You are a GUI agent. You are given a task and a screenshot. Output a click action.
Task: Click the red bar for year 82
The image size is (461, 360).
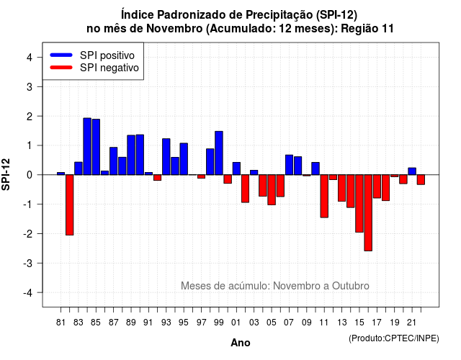tap(70, 204)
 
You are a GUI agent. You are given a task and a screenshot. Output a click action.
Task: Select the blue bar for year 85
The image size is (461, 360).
tap(96, 147)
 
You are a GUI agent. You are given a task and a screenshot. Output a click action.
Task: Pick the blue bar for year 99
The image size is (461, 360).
tap(219, 153)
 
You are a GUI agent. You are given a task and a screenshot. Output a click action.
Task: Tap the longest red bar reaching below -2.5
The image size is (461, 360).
tap(368, 213)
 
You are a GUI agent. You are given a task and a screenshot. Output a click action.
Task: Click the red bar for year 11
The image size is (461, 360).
tap(324, 196)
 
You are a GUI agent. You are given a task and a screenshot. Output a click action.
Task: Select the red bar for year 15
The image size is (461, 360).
tap(359, 203)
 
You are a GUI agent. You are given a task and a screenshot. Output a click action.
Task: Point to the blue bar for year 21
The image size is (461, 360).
tap(412, 171)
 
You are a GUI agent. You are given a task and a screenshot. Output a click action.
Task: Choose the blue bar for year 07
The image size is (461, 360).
tap(289, 165)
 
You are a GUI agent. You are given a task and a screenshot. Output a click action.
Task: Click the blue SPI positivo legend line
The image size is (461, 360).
tap(61, 55)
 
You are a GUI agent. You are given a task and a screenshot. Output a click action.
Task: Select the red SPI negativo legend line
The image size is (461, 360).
tap(61, 68)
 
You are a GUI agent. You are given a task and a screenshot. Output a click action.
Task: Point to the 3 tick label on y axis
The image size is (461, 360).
tap(30, 87)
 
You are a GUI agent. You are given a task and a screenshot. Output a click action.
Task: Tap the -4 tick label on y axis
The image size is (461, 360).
tap(28, 293)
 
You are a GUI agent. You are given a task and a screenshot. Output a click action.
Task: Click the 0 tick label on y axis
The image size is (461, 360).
tap(30, 175)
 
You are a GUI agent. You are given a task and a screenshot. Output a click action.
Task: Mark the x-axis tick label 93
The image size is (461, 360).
tap(166, 323)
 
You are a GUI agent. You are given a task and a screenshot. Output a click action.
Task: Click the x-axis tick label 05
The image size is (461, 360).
tap(272, 323)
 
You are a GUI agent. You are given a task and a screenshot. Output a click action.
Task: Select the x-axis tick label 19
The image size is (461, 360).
tap(395, 323)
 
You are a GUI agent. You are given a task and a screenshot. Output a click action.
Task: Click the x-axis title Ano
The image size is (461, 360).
tap(241, 343)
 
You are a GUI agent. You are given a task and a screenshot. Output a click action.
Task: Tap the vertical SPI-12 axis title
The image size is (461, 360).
tap(6, 174)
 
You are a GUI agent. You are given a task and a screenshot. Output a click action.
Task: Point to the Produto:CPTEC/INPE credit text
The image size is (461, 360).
tap(394, 338)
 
